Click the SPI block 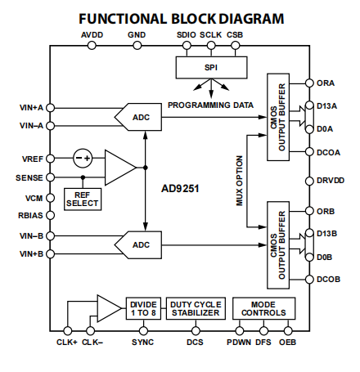[x=211, y=67]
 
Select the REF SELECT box [x=83, y=199]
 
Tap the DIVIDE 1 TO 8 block [x=143, y=308]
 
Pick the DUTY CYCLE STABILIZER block [x=196, y=308]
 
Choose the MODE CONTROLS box [x=263, y=308]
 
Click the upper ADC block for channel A [x=138, y=117]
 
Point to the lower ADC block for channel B [x=138, y=244]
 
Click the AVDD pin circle [x=92, y=45]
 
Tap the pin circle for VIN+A [x=50, y=108]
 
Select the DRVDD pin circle [x=309, y=181]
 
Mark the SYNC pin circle [x=143, y=331]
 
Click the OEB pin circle [x=288, y=331]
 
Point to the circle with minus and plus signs [x=83, y=158]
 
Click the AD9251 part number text [x=180, y=189]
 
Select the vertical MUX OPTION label [x=239, y=181]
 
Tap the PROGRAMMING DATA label [x=210, y=105]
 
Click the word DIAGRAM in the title [x=251, y=19]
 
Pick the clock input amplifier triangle [x=109, y=308]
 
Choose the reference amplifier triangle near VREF [x=120, y=168]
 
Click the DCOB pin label [x=329, y=280]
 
